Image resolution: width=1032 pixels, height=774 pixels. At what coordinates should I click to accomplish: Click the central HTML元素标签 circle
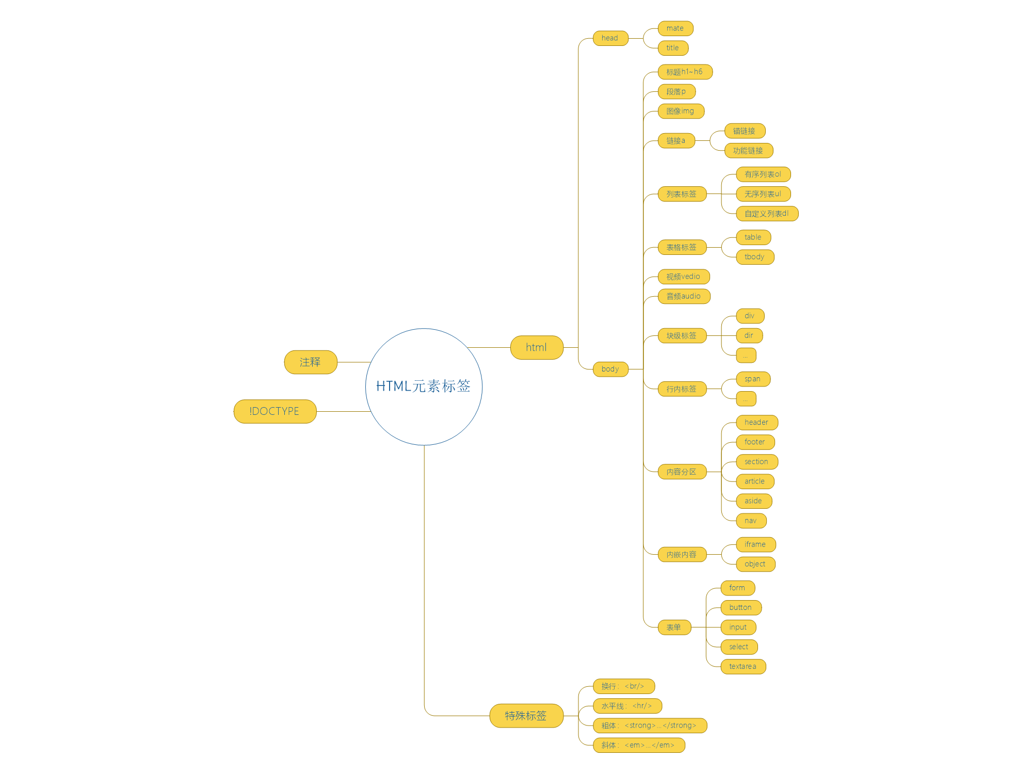click(x=424, y=386)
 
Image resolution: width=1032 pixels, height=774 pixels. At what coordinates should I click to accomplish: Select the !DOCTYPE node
click(x=275, y=411)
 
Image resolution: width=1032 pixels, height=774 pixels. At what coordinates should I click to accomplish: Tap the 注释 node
click(x=310, y=362)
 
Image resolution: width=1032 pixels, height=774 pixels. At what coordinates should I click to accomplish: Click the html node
click(x=536, y=347)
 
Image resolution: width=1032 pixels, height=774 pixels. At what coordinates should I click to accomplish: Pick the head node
click(x=610, y=38)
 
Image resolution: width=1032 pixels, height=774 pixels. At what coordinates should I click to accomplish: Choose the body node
click(x=610, y=369)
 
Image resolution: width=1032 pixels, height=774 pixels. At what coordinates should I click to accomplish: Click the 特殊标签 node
click(x=526, y=716)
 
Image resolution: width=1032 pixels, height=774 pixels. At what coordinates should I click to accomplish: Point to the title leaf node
click(x=673, y=48)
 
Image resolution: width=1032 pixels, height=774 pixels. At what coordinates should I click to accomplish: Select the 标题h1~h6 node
click(x=684, y=72)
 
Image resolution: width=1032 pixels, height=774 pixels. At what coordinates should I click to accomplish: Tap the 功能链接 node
click(x=748, y=151)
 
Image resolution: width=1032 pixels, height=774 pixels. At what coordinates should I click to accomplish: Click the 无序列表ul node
click(x=763, y=194)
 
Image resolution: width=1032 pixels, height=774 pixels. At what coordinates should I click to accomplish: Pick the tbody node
click(x=754, y=257)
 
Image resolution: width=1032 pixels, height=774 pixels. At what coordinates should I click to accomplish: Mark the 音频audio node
click(x=684, y=296)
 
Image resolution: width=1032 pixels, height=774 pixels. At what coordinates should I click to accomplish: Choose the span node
click(x=753, y=379)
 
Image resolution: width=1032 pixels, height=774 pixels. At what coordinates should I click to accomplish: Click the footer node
click(x=755, y=442)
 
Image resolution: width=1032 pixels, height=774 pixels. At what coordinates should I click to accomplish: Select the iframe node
click(x=755, y=544)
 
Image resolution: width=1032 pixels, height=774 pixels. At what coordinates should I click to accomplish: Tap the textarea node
click(x=743, y=667)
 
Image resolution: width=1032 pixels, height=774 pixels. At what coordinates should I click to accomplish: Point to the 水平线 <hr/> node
click(x=627, y=706)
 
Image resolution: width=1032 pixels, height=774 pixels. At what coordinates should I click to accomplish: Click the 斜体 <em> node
click(x=638, y=745)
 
